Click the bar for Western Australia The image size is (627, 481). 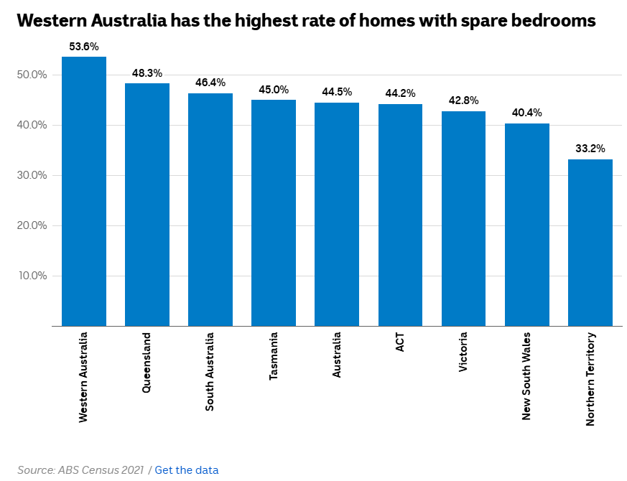(84, 191)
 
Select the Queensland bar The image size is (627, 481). (147, 205)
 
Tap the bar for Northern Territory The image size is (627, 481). (590, 243)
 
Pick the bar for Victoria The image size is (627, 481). (463, 218)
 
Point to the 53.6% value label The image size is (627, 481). (84, 47)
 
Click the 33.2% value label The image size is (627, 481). (590, 149)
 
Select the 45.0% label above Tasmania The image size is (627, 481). (274, 90)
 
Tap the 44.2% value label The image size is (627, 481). (400, 94)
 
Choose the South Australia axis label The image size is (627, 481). (210, 371)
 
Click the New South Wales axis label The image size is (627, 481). (526, 375)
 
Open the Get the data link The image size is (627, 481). (187, 470)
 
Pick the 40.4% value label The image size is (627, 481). (526, 113)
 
